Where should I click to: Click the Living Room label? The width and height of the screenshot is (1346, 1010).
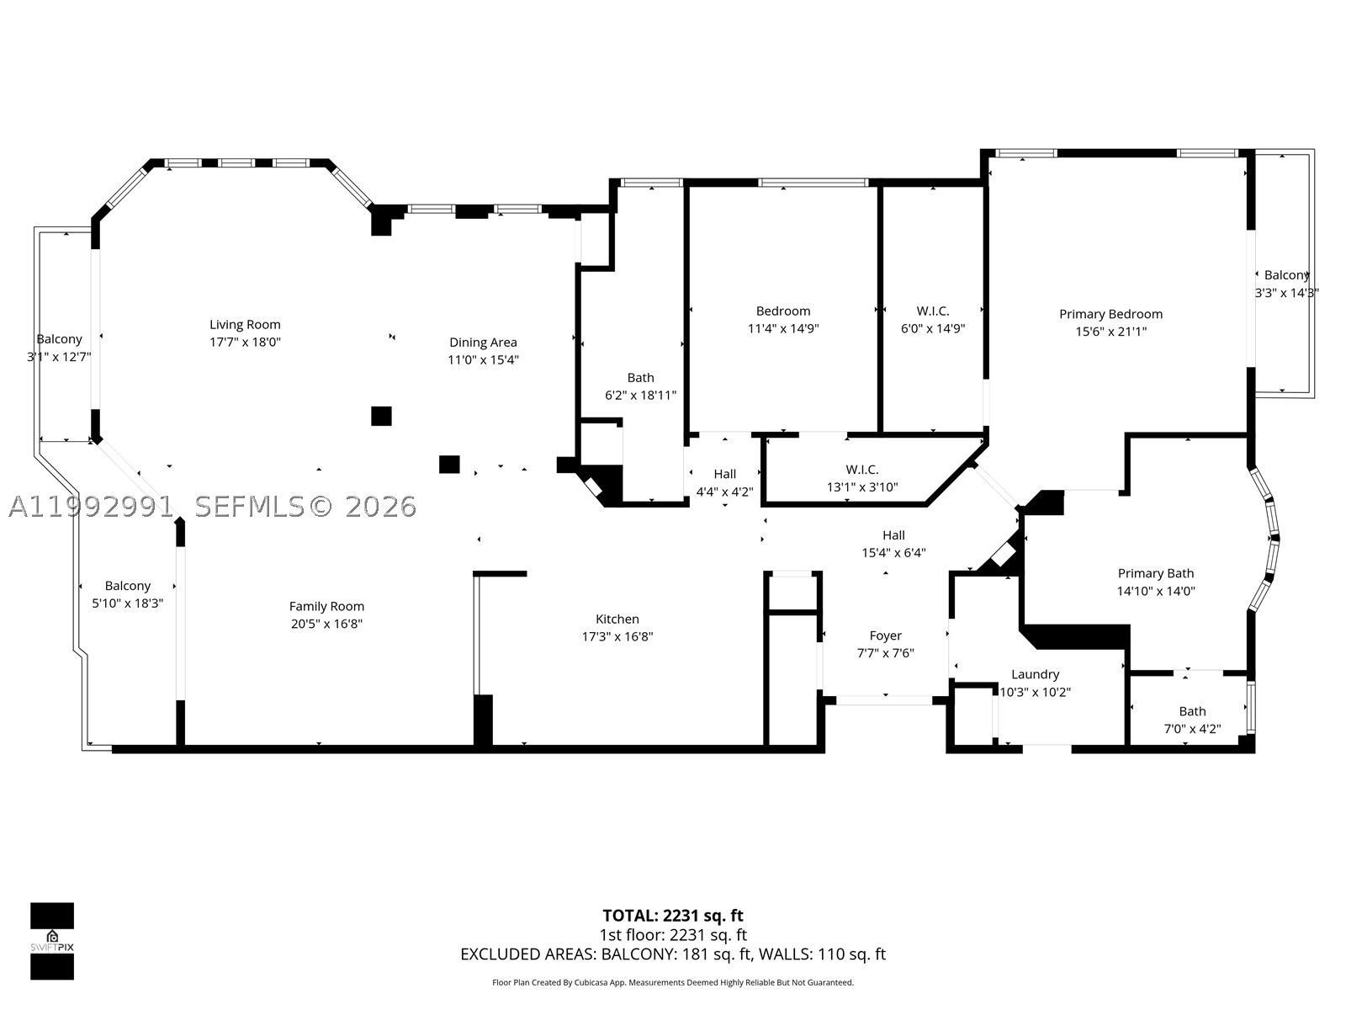pyautogui.click(x=245, y=324)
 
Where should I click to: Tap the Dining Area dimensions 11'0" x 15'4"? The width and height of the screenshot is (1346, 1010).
pyautogui.click(x=483, y=360)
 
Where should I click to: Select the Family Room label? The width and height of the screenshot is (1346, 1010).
pyautogui.click(x=327, y=607)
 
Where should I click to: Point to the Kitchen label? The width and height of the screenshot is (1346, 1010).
pyautogui.click(x=617, y=619)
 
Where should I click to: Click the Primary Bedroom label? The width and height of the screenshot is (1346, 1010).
pyautogui.click(x=1110, y=315)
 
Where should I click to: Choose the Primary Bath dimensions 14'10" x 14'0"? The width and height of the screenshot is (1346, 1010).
pyautogui.click(x=1156, y=591)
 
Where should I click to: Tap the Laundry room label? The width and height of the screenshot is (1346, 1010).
pyautogui.click(x=1035, y=674)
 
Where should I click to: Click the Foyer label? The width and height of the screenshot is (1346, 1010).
pyautogui.click(x=886, y=636)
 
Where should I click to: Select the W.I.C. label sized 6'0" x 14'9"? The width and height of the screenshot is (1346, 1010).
pyautogui.click(x=933, y=311)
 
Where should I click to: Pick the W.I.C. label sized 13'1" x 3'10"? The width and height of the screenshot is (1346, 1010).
pyautogui.click(x=862, y=470)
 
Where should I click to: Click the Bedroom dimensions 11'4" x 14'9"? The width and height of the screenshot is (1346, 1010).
pyautogui.click(x=783, y=329)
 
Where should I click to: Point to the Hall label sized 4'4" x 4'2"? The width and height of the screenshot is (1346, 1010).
pyautogui.click(x=725, y=474)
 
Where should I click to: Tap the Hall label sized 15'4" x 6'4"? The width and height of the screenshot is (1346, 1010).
pyautogui.click(x=893, y=535)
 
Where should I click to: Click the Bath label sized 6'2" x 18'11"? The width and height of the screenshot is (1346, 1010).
pyautogui.click(x=640, y=378)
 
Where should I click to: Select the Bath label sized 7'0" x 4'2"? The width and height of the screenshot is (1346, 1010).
pyautogui.click(x=1192, y=711)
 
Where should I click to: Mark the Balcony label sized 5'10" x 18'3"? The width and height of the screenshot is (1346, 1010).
pyautogui.click(x=128, y=587)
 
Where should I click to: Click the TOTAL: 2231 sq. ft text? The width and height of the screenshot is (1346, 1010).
pyautogui.click(x=673, y=916)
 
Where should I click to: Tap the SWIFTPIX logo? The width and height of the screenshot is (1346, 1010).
pyautogui.click(x=52, y=941)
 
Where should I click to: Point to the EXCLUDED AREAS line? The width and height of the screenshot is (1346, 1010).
pyautogui.click(x=673, y=954)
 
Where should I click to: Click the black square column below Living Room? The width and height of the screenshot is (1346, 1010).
pyautogui.click(x=381, y=416)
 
